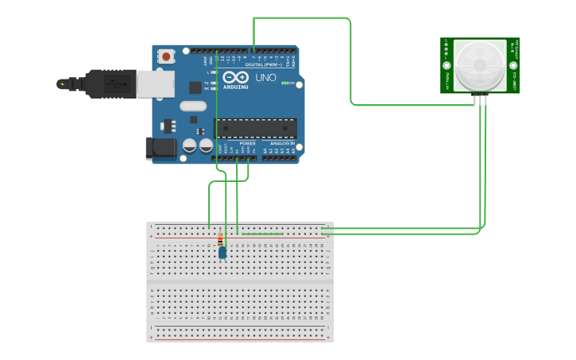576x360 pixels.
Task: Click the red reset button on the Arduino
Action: (x=166, y=56)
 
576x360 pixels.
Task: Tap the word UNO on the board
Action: (x=265, y=78)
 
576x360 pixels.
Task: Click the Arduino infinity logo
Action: (x=235, y=78)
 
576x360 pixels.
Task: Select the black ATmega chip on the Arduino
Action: (x=255, y=128)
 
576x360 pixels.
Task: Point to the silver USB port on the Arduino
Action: (x=155, y=83)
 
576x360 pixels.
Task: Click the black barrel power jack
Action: (x=160, y=148)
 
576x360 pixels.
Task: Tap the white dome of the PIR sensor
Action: (x=479, y=64)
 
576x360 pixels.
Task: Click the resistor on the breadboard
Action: (x=220, y=238)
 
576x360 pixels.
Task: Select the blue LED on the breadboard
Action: (x=222, y=253)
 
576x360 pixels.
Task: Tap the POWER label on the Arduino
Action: (x=237, y=143)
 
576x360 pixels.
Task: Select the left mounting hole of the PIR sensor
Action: (x=447, y=66)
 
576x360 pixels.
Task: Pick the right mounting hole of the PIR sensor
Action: (x=513, y=66)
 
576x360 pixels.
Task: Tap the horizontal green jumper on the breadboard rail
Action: (x=262, y=234)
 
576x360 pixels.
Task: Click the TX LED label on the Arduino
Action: (x=206, y=83)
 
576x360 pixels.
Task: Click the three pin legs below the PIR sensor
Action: (x=480, y=99)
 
